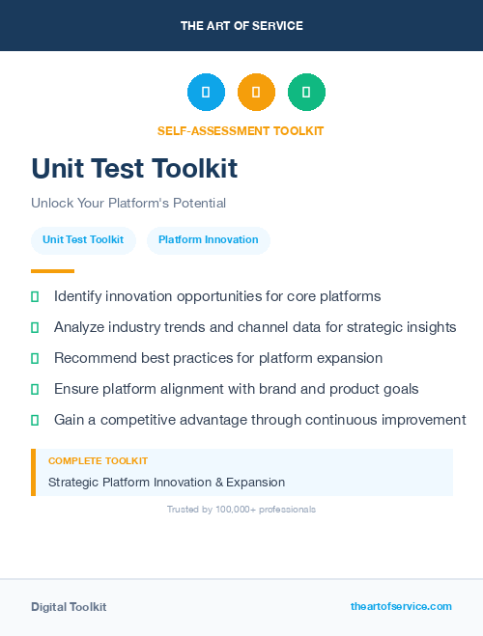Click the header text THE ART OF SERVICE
(241, 26)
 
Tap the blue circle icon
(206, 93)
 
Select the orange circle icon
(256, 93)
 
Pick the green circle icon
(306, 93)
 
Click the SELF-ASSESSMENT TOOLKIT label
(241, 131)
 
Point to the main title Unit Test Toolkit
(134, 169)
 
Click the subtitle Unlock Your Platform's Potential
(128, 204)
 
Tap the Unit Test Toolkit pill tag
(83, 240)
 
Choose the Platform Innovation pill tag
(208, 240)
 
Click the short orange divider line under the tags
(52, 271)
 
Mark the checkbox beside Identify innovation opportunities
(35, 297)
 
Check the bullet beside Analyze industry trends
(35, 328)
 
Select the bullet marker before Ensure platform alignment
(35, 389)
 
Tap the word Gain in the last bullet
(70, 420)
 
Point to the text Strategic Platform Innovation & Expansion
(166, 483)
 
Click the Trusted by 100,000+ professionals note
(241, 510)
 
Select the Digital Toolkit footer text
(69, 607)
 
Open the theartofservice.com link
(401, 606)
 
